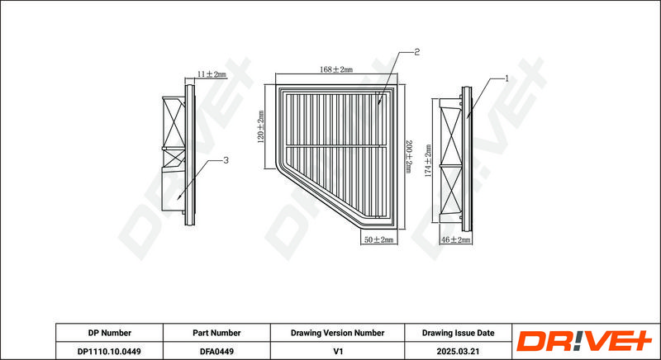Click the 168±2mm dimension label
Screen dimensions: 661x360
tap(336, 69)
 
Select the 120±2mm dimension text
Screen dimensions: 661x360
tap(261, 126)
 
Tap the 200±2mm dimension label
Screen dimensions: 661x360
tap(408, 157)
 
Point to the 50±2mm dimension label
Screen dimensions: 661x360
tap(378, 239)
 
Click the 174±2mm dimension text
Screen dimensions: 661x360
tap(428, 161)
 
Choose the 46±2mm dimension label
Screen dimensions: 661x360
tap(455, 239)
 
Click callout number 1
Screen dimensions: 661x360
tap(507, 78)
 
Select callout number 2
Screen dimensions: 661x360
tap(416, 52)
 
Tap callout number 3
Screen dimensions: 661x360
tap(226, 160)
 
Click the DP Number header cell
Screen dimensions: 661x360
tap(110, 333)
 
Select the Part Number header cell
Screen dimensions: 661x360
tap(216, 333)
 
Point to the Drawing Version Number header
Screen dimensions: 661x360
tap(337, 333)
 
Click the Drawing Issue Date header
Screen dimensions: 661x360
tap(459, 333)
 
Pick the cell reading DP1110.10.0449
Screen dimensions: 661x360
tap(110, 351)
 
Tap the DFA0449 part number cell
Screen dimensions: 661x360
tap(216, 351)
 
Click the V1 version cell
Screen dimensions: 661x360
tap(337, 351)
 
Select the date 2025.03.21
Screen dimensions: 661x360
tap(459, 351)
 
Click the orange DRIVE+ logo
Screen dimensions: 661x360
tap(584, 342)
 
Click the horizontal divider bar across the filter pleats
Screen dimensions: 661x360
tap(335, 146)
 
